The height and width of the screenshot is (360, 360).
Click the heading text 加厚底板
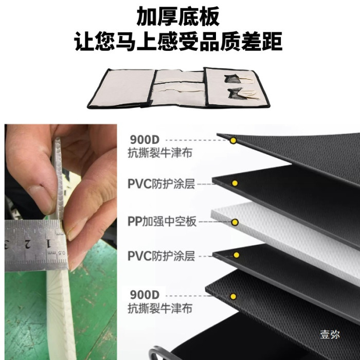pos(178,16)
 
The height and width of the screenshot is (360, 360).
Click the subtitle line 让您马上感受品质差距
pos(178,41)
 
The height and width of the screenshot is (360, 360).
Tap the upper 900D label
pos(145,139)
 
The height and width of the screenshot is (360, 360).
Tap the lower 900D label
pos(145,295)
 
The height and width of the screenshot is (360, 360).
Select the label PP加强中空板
pos(162,222)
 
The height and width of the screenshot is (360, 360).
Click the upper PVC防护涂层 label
pos(161,184)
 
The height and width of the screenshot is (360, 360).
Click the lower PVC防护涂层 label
pos(161,256)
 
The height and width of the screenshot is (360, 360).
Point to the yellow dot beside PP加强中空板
pos(235,222)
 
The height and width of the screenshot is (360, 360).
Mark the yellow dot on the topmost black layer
pos(233,140)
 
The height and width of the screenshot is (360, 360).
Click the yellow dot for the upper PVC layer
pos(235,183)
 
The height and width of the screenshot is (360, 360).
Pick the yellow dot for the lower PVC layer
pos(236,255)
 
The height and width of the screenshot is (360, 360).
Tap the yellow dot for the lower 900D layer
pos(233,296)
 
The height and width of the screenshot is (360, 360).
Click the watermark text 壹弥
pos(330,334)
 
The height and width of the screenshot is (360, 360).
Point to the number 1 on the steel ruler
pos(48,243)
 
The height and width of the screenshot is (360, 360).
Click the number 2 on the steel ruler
pos(27,244)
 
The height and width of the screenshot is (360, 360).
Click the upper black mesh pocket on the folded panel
pos(232,79)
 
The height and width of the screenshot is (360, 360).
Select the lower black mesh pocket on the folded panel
pos(237,94)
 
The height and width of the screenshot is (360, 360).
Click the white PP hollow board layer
pos(285,239)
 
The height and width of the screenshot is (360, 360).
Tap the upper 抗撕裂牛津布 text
pos(160,153)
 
